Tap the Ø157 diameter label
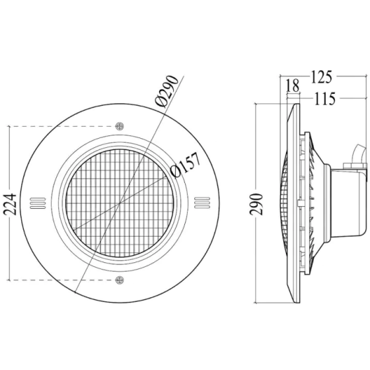[185, 165]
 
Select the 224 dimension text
[11, 204]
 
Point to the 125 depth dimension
[321, 77]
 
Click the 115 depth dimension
[324, 98]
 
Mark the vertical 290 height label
[256, 204]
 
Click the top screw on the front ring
[120, 126]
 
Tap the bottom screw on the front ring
[120, 280]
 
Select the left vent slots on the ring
[38, 203]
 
